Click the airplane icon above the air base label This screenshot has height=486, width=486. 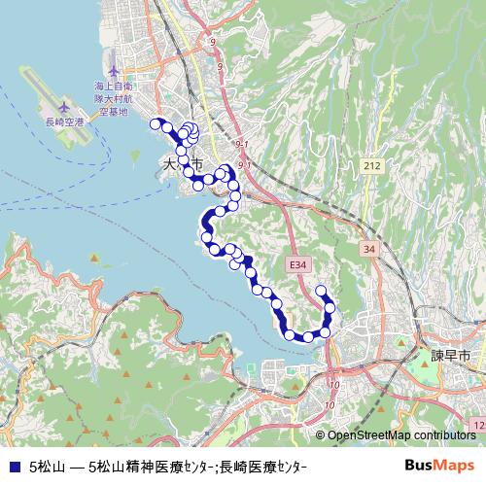coord(114,71)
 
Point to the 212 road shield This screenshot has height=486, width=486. coord(371,166)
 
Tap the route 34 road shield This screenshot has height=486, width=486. coord(367,250)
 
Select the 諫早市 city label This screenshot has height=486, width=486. coord(450,356)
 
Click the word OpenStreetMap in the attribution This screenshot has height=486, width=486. coord(370,435)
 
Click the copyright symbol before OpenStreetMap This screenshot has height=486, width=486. coord(321,435)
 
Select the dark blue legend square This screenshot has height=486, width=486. coord(13,466)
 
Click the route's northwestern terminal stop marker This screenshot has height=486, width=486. coord(154,122)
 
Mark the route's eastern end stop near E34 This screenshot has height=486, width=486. coord(322,291)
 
